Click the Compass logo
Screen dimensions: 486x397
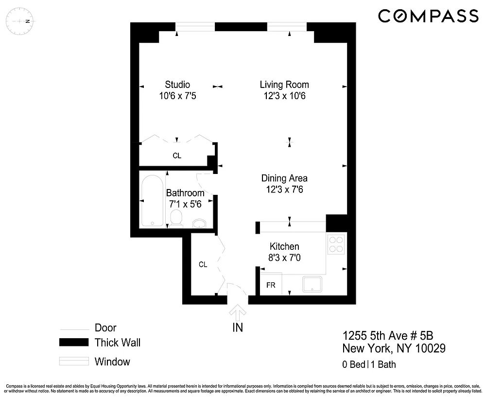pos(428,16)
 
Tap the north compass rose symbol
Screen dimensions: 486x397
pos(20,21)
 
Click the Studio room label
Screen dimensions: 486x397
pos(177,84)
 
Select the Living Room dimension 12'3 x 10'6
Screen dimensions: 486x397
pos(284,96)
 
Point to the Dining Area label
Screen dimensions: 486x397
pos(284,178)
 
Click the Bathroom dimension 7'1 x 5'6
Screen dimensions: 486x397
pos(185,204)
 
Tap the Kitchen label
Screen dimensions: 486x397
pos(284,246)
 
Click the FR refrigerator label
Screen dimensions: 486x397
pos(271,285)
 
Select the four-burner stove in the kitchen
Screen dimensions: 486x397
pos(336,244)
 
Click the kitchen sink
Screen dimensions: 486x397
pos(312,284)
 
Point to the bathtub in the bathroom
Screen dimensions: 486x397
pos(152,201)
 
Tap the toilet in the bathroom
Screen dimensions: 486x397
pos(176,218)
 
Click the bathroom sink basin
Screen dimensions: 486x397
pos(199,224)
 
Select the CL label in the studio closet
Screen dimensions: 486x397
pos(177,155)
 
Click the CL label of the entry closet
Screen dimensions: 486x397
pos(203,264)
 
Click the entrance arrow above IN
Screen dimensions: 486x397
pos(238,312)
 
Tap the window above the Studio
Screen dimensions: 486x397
pos(195,27)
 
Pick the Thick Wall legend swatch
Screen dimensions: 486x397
pos(74,342)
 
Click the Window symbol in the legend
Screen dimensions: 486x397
pos(74,362)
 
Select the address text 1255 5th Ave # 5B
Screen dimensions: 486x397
pos(388,336)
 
